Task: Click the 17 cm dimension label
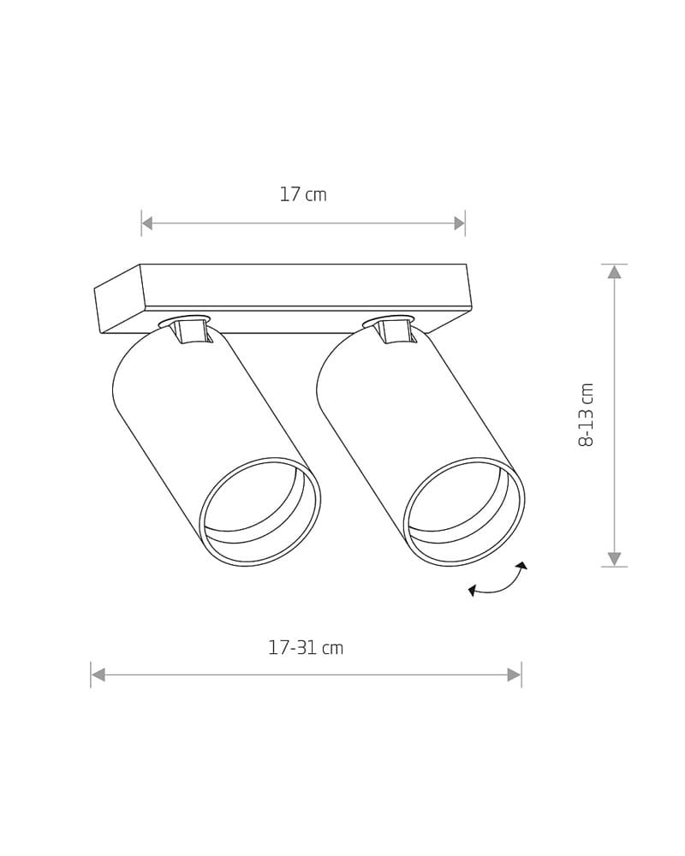[303, 194]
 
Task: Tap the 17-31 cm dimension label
[306, 648]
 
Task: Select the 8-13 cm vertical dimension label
[586, 415]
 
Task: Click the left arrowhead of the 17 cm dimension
[147, 223]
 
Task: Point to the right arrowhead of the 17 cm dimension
[459, 223]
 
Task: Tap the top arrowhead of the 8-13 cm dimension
[615, 271]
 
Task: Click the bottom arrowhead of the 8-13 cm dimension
[615, 559]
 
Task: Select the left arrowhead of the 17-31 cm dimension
[98, 675]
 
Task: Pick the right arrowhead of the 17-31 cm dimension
[515, 675]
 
